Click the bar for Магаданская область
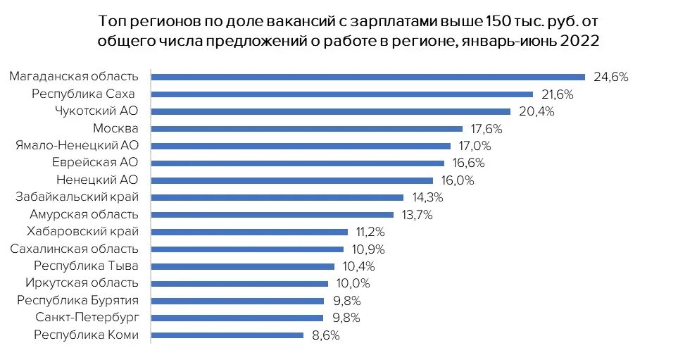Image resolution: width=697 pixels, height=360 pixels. point(368,77)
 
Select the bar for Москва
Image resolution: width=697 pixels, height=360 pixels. point(307,129)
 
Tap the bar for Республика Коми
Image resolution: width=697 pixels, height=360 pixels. point(227,335)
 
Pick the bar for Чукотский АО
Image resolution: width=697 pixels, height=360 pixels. point(331,111)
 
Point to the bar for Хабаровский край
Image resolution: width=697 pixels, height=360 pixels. point(250,232)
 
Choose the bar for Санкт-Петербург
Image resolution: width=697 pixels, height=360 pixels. point(237,318)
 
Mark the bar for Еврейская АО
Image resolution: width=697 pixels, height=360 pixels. point(298,163)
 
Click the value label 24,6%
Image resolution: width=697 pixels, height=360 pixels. point(610,77)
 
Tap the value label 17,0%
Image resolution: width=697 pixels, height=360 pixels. point(475,146)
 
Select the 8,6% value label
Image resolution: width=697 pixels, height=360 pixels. point(325,335)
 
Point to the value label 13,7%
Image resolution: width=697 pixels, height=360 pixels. point(417,214)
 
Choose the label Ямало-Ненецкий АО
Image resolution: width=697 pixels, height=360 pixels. point(77,146)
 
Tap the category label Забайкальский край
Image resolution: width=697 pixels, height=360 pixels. point(77,197)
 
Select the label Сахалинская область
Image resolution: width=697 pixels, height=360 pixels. point(74,249)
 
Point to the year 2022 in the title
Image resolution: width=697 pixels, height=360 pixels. point(579,41)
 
